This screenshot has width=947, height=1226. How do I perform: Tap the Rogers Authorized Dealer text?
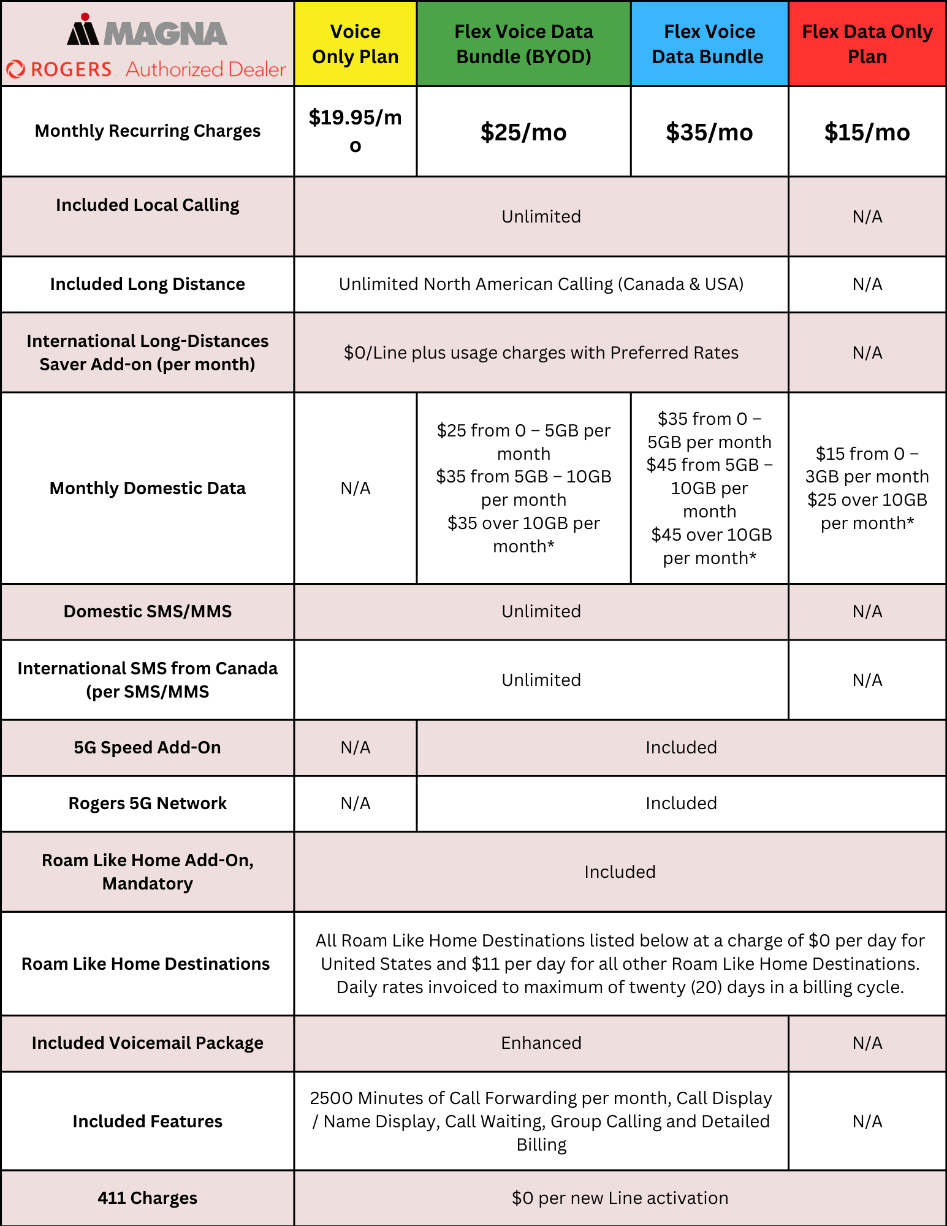147,69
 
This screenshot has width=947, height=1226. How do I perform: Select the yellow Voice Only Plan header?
355,44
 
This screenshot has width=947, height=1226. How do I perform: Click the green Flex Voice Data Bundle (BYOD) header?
523,44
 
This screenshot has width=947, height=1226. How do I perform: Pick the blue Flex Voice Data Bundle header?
709,44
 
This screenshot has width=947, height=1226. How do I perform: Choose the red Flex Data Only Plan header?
867,44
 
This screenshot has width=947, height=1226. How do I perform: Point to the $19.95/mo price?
355,131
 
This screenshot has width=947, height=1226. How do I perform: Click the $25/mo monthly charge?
523,132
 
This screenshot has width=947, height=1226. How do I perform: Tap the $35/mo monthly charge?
709,132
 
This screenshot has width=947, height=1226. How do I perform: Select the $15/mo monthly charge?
867,132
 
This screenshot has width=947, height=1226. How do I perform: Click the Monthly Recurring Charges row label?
147,131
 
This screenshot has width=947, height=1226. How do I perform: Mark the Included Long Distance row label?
147,284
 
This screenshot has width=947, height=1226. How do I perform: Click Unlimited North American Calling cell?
541,284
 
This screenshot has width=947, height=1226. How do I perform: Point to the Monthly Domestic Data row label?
147,488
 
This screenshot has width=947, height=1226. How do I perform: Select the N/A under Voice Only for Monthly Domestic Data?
355,488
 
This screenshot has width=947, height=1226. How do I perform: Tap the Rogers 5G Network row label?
147,803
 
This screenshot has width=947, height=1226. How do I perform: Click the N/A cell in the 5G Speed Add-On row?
355,747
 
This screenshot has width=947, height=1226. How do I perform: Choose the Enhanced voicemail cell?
541,1043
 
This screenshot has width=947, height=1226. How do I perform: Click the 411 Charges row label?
147,1198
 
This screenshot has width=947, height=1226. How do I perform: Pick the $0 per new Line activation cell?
620,1198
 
